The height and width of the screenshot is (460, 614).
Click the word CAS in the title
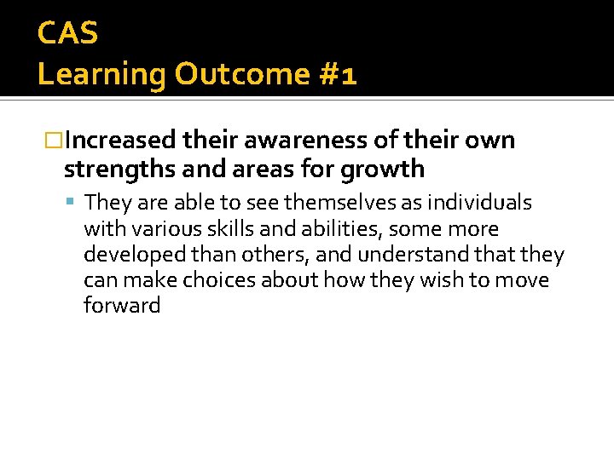pos(68,34)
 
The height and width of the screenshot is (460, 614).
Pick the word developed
pos(128,255)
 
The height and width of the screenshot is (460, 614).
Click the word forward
pos(122,306)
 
